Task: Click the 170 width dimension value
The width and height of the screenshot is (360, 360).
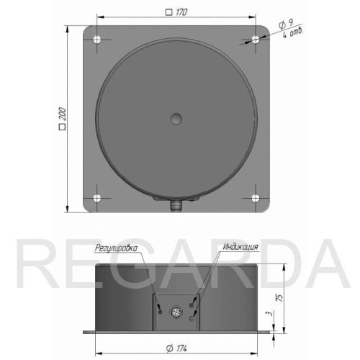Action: click(181, 12)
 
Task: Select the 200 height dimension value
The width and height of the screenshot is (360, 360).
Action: click(62, 114)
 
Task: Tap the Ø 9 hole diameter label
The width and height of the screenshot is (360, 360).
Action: click(287, 24)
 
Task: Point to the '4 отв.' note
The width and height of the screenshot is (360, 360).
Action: click(292, 33)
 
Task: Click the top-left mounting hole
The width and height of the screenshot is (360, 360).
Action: click(97, 40)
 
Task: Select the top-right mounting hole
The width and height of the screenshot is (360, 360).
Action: click(256, 40)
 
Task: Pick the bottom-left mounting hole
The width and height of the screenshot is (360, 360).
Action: click(97, 198)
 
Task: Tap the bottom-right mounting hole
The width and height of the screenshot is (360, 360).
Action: click(256, 198)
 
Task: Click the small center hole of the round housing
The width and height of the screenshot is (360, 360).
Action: click(176, 119)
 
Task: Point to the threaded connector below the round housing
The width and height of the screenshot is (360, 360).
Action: click(176, 206)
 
